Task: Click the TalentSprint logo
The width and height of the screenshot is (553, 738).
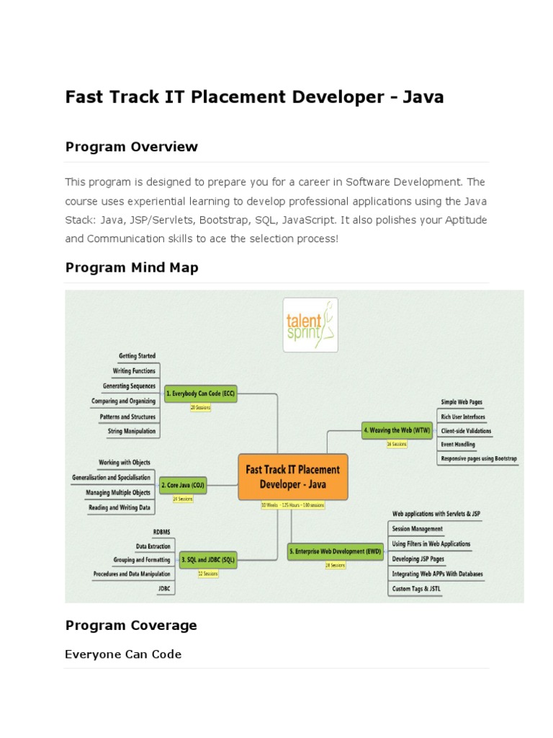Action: click(x=310, y=325)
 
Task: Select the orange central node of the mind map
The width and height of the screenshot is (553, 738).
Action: click(x=292, y=476)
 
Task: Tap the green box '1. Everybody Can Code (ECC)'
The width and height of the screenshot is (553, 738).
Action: click(x=201, y=394)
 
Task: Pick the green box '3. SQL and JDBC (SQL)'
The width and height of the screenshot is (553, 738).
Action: click(x=208, y=559)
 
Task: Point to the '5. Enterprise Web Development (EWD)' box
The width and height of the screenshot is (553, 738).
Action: click(x=336, y=552)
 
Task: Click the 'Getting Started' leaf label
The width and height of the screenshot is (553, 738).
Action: click(x=137, y=356)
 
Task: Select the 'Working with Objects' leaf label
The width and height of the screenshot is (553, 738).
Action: click(x=124, y=462)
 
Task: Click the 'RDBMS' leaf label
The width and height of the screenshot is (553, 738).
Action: click(x=161, y=532)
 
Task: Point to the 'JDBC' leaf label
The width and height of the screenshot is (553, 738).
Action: click(x=164, y=588)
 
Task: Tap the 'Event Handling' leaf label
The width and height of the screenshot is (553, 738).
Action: click(x=457, y=445)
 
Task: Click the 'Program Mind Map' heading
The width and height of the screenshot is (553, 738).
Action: click(x=132, y=267)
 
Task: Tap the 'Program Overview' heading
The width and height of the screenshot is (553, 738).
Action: click(x=131, y=147)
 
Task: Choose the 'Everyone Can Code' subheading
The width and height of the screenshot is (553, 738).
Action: click(x=123, y=654)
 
